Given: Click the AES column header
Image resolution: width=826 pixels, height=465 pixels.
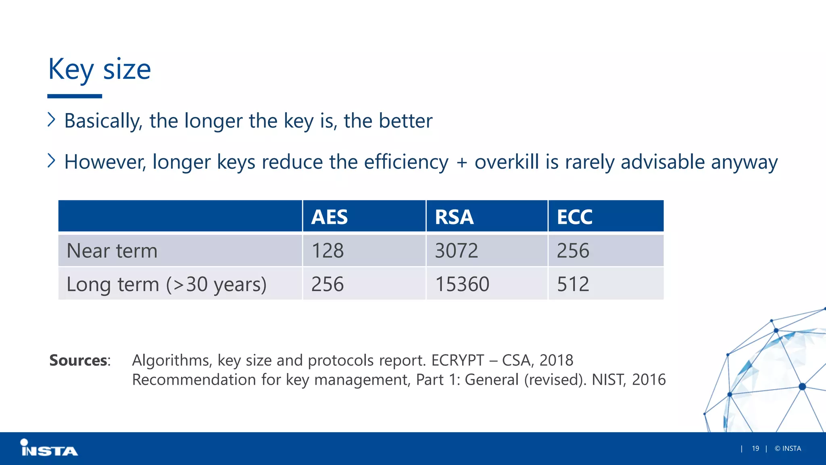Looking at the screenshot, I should (329, 217).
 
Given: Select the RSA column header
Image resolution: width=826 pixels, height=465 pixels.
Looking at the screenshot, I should (454, 217).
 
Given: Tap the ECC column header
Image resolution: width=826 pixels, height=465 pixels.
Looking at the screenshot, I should (574, 217).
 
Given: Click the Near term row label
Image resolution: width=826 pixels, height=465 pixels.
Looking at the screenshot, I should (112, 251).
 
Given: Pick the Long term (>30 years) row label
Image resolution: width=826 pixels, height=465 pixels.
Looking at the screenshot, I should (166, 285).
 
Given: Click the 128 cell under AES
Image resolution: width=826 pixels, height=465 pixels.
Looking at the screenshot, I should (327, 251).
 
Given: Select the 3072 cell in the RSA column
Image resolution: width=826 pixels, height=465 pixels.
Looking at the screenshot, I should (457, 251).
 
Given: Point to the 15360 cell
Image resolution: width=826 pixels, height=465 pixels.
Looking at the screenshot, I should (462, 284).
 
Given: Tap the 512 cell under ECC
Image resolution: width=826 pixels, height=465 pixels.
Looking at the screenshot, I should (573, 284).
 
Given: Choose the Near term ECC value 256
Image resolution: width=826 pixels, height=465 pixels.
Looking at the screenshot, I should (573, 251).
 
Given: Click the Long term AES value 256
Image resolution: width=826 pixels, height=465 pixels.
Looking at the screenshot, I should (327, 284).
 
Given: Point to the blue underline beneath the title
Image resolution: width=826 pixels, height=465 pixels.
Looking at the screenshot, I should (75, 96).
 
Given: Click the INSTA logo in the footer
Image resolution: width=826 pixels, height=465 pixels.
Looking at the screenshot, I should (49, 448).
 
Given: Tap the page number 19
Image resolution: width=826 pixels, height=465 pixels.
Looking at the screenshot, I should (755, 448).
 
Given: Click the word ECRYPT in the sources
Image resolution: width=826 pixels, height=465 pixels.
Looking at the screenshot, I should (457, 360).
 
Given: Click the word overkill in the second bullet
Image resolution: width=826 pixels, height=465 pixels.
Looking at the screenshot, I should (507, 162).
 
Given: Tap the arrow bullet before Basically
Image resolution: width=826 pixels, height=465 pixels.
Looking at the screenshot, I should (51, 119).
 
